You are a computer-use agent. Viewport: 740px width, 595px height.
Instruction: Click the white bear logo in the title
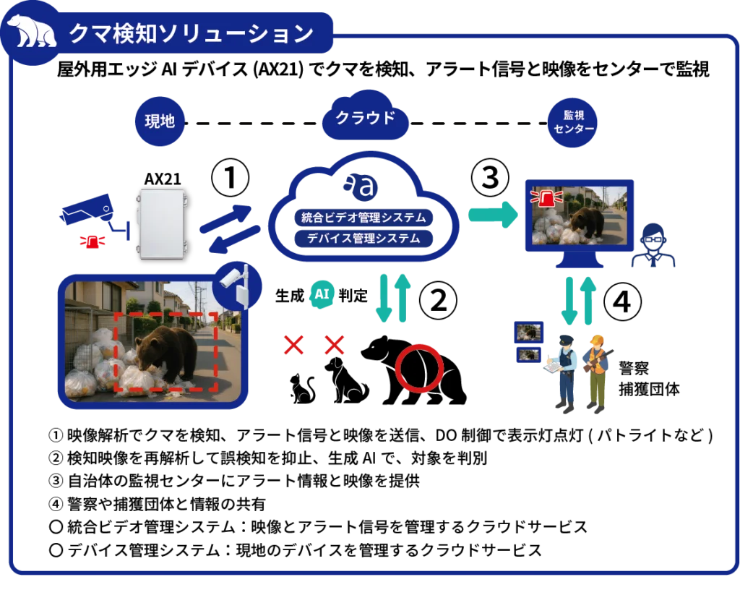(x=32, y=32)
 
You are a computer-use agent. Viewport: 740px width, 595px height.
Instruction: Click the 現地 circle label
(x=160, y=121)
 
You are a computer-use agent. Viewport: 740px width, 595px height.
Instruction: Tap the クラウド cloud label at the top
(x=366, y=117)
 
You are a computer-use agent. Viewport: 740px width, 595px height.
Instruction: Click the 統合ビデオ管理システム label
(x=363, y=217)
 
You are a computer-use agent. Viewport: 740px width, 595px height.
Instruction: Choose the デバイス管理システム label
(x=363, y=238)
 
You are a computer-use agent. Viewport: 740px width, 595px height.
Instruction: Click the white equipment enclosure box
(x=162, y=223)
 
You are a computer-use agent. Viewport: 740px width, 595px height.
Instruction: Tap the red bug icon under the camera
(x=92, y=241)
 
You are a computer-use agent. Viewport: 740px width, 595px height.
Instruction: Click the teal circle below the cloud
(x=322, y=295)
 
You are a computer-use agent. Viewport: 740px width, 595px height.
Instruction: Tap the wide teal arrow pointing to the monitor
(x=494, y=215)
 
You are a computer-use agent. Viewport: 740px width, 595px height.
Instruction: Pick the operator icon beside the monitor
(x=653, y=247)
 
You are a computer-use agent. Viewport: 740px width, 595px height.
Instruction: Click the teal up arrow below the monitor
(x=590, y=299)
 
